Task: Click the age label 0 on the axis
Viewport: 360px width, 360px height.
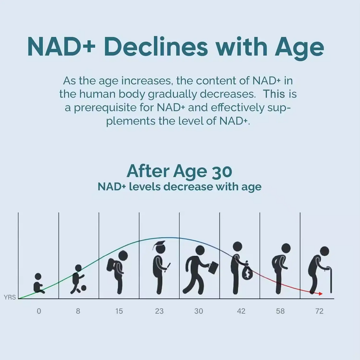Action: pos(39,311)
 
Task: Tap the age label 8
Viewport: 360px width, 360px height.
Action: pos(78,311)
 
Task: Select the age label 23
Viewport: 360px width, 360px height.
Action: pos(159,311)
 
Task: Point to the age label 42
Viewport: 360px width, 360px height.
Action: pos(241,311)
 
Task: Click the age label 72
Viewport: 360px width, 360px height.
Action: pos(319,311)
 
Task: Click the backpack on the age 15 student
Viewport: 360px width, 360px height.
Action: pos(112,266)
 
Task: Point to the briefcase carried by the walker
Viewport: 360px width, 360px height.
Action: pos(213,268)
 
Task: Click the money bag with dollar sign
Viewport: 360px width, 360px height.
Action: pos(247,274)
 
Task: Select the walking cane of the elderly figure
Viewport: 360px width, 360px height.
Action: pos(331,281)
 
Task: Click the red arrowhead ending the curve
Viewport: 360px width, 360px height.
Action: pos(320,293)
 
